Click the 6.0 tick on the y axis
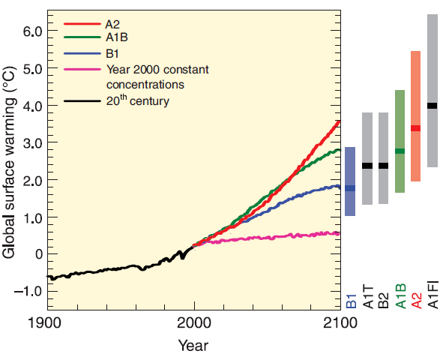tap(28, 31)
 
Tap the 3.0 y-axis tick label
tap(28, 142)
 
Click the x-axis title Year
tap(193, 346)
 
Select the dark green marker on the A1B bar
tap(400, 151)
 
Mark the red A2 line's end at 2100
tap(339, 121)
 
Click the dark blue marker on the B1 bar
tap(350, 188)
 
